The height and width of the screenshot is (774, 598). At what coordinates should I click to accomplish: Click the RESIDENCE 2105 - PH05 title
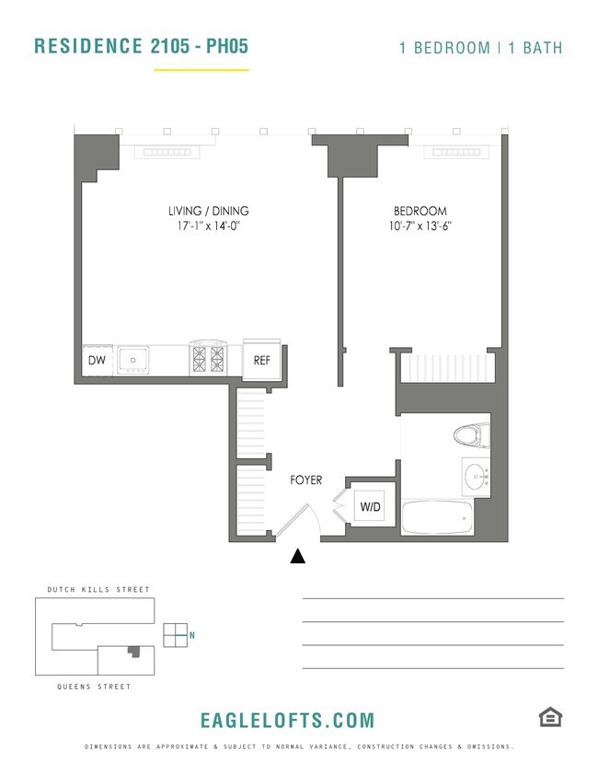point(141,46)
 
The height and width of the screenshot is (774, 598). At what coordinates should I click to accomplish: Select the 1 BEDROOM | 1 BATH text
point(480,48)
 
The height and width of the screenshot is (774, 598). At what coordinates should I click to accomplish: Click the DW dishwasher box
point(96,361)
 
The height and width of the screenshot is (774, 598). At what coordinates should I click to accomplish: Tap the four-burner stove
point(207,357)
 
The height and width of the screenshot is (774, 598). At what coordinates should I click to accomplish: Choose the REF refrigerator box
point(261,361)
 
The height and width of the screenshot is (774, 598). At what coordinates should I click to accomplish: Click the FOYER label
point(305,479)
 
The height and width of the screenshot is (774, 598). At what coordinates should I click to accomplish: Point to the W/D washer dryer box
point(370,507)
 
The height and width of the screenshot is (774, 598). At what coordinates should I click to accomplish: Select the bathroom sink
point(476,477)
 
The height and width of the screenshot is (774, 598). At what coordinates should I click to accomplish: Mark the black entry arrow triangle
point(298,556)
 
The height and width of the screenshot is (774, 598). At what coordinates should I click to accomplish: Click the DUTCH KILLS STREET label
point(98,589)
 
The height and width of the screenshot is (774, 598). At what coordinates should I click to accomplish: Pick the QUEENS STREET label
point(93,687)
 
